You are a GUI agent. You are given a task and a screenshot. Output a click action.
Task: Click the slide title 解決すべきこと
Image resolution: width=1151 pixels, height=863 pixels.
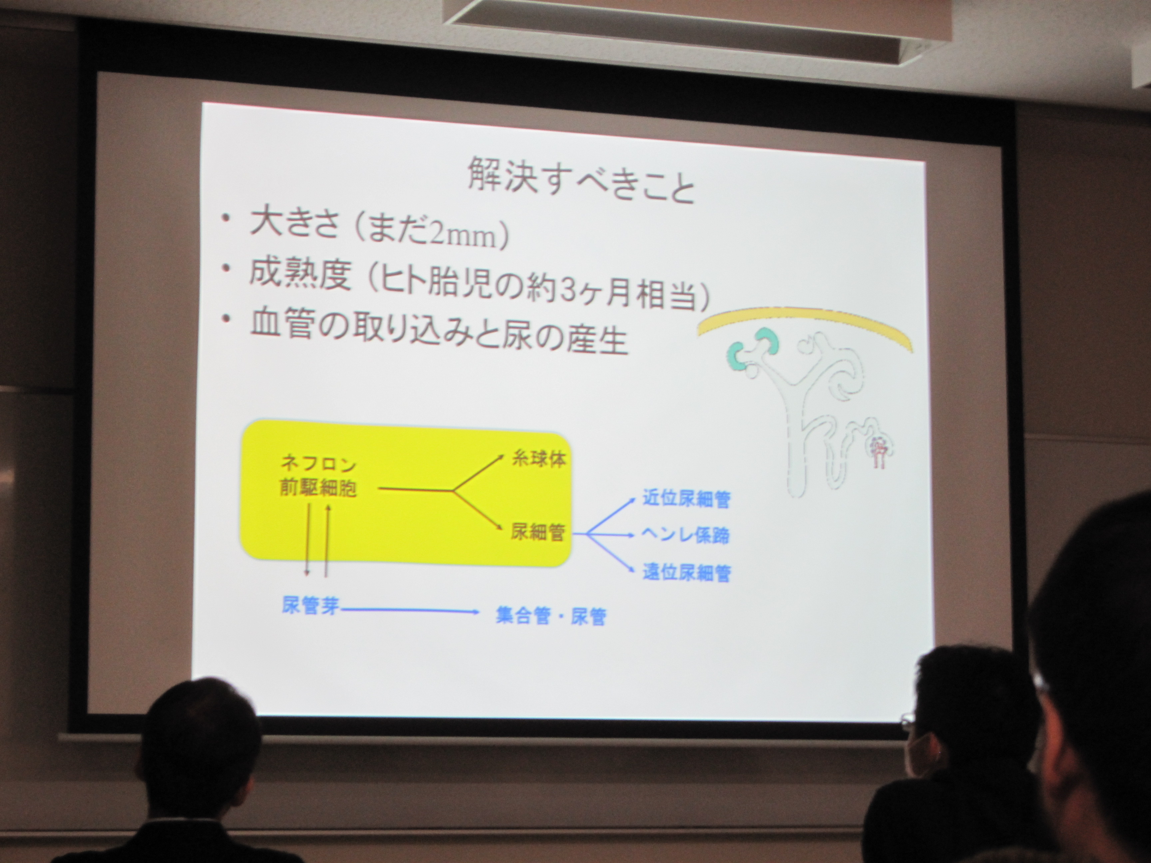coord(581,179)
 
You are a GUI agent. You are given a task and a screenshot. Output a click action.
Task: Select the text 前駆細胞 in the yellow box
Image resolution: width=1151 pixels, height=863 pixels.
coord(318,488)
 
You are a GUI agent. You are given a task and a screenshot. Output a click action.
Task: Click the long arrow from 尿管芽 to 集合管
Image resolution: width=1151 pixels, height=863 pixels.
coord(410,610)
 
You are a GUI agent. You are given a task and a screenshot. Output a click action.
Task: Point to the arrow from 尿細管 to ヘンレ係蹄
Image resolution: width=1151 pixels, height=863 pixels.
coord(610,534)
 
